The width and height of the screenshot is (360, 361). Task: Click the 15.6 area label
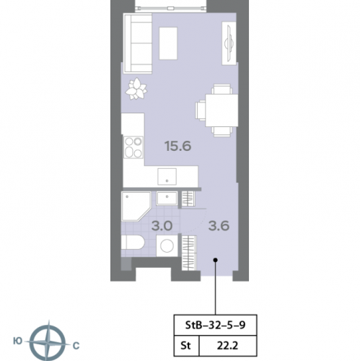177,146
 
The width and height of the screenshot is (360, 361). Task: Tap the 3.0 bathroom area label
162,226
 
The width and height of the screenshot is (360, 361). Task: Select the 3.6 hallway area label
219,226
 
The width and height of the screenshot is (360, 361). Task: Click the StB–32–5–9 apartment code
215,325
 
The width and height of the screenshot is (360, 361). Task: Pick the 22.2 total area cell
227,346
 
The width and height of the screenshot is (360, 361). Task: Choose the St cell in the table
185,346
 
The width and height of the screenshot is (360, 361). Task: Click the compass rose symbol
48,342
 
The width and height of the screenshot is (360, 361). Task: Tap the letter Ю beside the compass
17,341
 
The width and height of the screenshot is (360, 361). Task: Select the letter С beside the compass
76,346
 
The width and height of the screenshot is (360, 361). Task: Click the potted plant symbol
136,89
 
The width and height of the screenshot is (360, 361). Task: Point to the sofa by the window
138,43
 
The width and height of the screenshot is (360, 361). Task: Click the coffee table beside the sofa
168,43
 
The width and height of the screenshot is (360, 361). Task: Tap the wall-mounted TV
229,43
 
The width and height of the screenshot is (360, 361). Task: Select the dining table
221,110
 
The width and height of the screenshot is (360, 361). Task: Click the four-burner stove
133,147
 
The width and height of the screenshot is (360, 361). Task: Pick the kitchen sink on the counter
167,176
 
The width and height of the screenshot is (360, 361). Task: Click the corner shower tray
136,206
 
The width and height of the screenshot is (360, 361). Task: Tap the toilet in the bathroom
132,243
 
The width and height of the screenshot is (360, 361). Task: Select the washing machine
167,246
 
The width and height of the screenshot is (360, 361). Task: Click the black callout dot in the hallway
216,260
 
